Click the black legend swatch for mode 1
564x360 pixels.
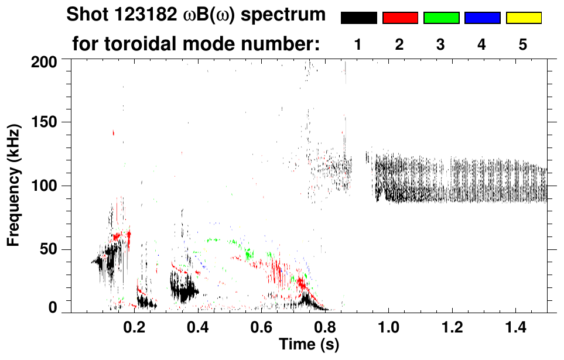click(x=358, y=18)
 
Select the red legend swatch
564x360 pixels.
click(x=400, y=18)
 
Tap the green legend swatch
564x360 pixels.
click(x=441, y=18)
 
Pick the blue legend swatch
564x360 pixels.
click(x=482, y=18)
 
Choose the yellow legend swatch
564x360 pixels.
click(x=523, y=18)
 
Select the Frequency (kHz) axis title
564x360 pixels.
click(x=13, y=185)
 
